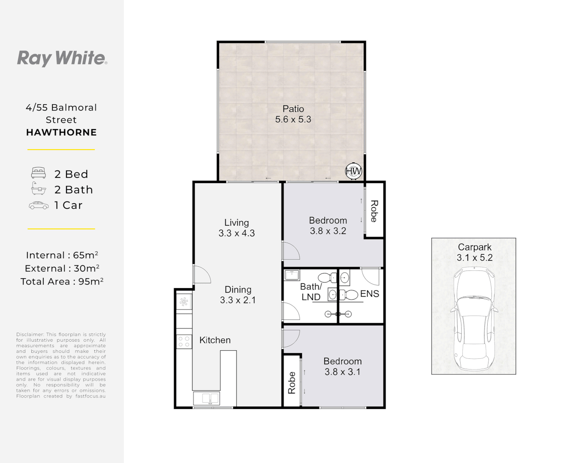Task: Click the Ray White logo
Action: coord(62,58)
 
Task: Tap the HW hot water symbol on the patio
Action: coord(353,171)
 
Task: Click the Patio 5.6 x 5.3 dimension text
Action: coord(293,119)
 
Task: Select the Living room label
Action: coord(237,222)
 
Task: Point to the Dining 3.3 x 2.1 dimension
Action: coord(238,300)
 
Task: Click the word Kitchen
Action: coord(215,340)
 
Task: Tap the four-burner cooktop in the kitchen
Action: coord(184,342)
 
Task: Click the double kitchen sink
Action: coord(206,399)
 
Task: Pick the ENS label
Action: coord(370,294)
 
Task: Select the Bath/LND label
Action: coord(311,292)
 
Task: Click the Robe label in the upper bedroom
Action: coord(374,211)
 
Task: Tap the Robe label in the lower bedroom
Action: coord(292,383)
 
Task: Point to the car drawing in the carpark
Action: coord(474,319)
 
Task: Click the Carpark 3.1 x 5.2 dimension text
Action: coord(474,257)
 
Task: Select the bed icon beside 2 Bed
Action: coord(38,173)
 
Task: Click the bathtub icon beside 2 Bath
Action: coord(39,188)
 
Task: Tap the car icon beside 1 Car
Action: coord(39,205)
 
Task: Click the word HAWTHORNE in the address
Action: coord(61,132)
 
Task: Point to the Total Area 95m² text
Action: coord(62,281)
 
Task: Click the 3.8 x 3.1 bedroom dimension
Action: coord(343,372)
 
